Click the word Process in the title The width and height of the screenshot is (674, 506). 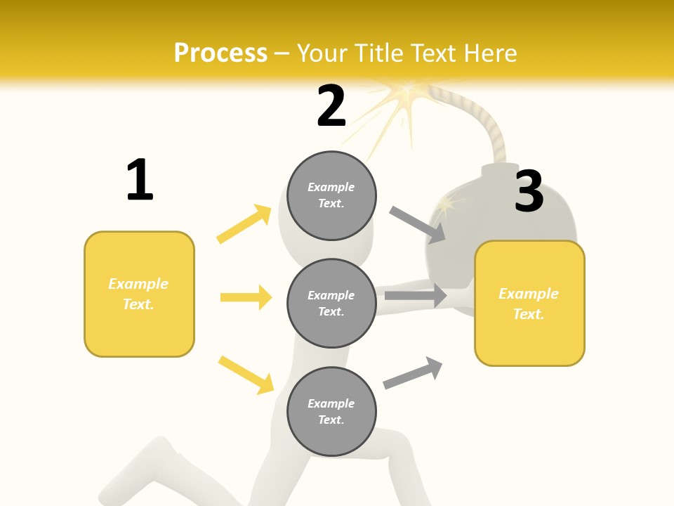(x=220, y=53)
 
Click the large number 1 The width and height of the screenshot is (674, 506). (x=140, y=180)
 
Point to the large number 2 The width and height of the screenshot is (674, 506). (x=331, y=106)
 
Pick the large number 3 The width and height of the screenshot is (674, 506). (x=529, y=190)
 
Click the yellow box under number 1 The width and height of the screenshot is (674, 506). (x=139, y=294)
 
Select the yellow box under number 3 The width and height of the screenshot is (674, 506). (x=529, y=303)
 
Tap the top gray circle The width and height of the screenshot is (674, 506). (x=331, y=195)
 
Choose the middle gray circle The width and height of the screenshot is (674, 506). (x=331, y=303)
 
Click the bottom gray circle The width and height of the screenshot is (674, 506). (x=331, y=411)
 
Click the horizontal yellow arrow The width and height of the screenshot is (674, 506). (x=246, y=297)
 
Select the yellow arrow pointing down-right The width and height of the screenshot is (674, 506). (x=246, y=375)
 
